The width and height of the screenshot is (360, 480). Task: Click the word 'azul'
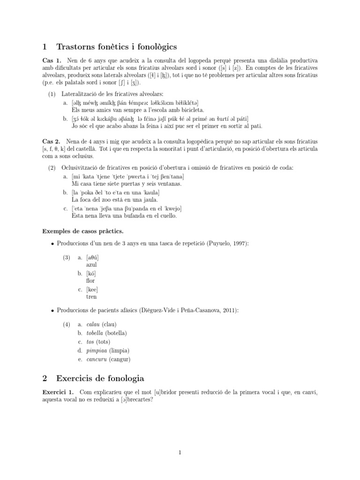(92, 265)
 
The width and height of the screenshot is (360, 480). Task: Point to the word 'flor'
(91, 281)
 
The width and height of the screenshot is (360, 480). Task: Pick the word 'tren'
(91, 297)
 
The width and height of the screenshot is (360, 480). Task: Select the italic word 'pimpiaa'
(96, 351)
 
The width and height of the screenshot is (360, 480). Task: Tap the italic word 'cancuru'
(96, 359)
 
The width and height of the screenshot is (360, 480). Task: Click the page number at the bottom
(180, 452)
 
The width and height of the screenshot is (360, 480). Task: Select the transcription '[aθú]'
(93, 257)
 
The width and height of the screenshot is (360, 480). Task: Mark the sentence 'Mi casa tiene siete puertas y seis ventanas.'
(127, 184)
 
